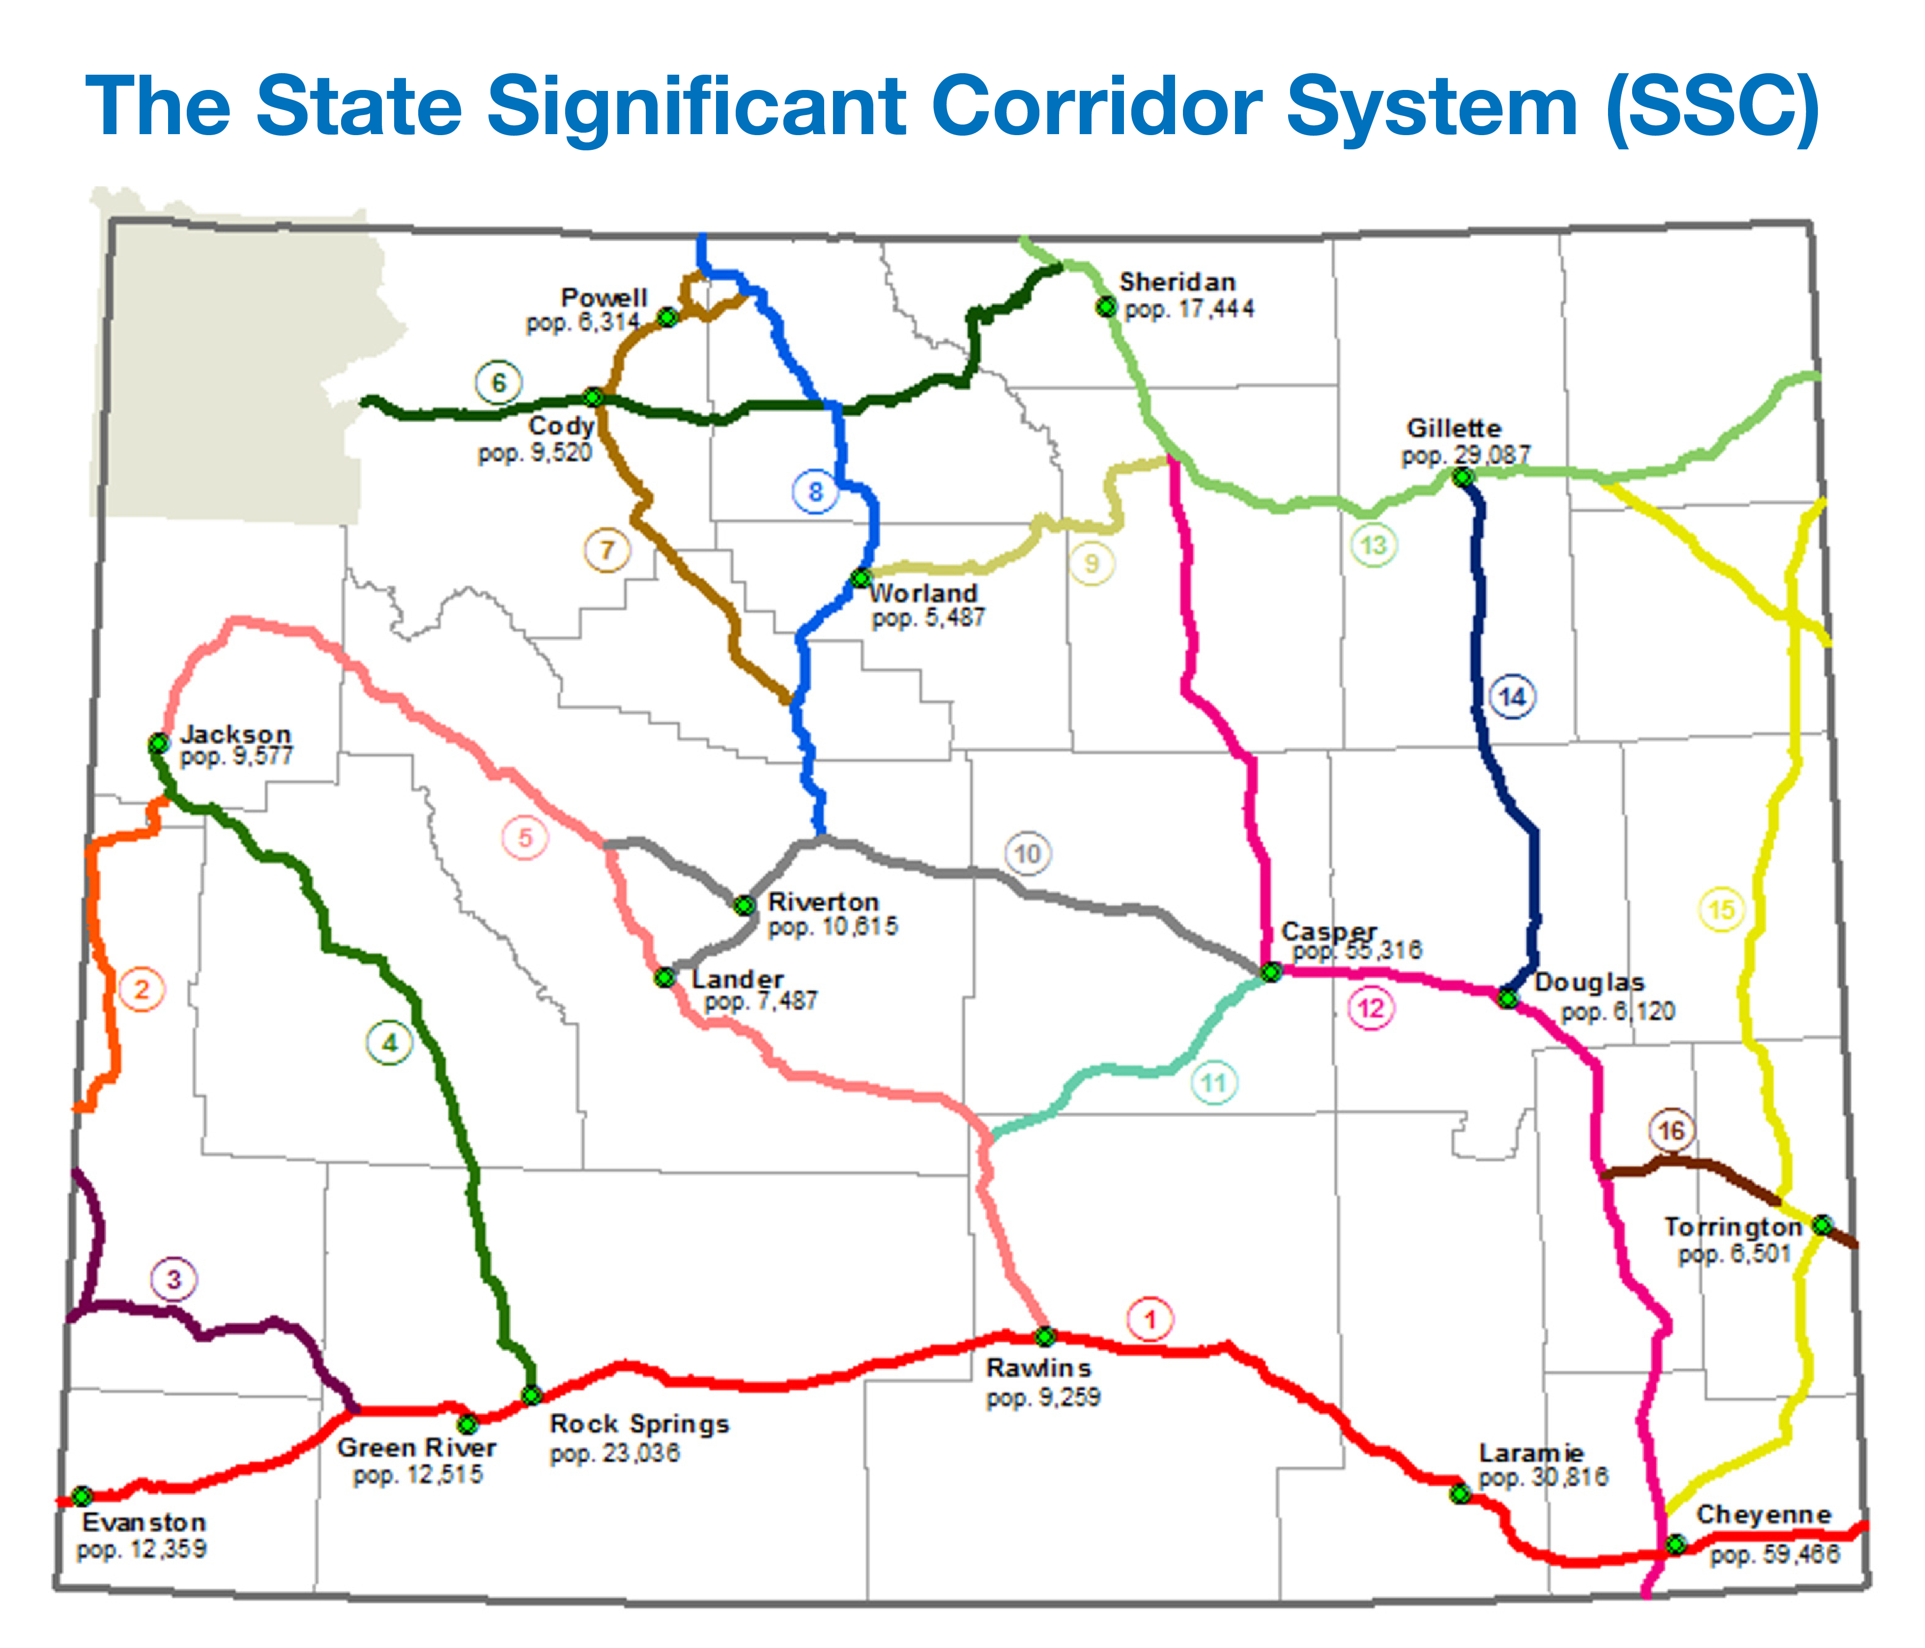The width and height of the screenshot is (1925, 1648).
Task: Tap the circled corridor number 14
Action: tap(1513, 697)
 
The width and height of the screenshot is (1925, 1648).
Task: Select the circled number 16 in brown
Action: tap(1671, 1131)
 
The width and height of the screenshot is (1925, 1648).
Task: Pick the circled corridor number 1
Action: tap(1150, 1319)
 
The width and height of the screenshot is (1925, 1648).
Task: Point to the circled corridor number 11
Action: tap(1213, 1082)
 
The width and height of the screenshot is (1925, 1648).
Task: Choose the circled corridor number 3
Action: tap(174, 1279)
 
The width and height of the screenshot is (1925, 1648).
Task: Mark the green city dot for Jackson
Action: tap(159, 743)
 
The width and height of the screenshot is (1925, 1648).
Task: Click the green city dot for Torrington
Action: tap(1823, 1225)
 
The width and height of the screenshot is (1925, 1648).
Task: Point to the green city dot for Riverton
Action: tap(744, 905)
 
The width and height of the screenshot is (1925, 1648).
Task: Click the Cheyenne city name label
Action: tap(1763, 1514)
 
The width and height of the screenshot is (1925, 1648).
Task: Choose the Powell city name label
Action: tap(604, 297)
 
